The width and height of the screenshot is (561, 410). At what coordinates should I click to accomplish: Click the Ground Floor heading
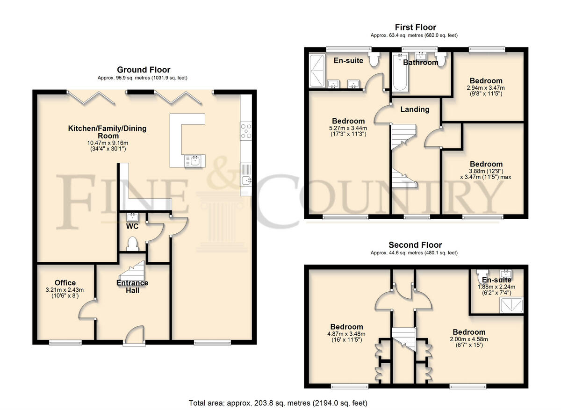[x=144, y=70]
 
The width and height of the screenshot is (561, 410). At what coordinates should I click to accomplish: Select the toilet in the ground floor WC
[x=133, y=244]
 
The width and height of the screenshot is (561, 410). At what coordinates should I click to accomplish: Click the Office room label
[x=65, y=283]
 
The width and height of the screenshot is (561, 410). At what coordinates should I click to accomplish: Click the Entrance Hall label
[x=132, y=286]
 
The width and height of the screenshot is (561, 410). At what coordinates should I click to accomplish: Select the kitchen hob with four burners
[x=245, y=130]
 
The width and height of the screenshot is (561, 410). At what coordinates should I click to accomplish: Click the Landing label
[x=415, y=109]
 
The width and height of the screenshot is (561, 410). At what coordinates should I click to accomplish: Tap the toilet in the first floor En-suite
[x=374, y=60]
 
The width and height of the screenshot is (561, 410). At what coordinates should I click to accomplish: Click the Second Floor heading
[x=415, y=245]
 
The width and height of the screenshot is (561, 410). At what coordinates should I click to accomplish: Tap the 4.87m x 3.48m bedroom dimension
[x=346, y=334]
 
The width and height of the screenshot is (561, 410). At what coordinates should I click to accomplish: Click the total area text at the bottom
[x=278, y=403]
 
